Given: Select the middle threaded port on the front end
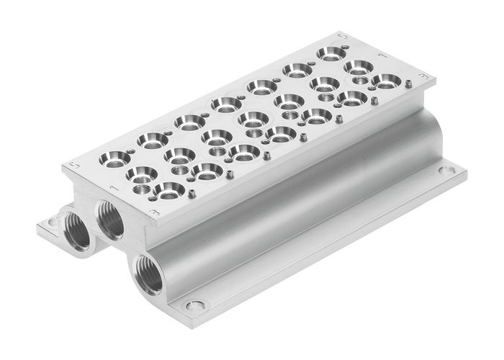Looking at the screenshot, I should (x=111, y=217).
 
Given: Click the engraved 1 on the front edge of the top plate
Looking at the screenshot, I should (x=112, y=189).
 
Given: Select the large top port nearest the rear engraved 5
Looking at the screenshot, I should (x=330, y=53).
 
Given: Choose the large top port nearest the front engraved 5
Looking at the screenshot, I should (x=116, y=157).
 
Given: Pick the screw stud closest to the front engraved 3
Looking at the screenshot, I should (x=193, y=193).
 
